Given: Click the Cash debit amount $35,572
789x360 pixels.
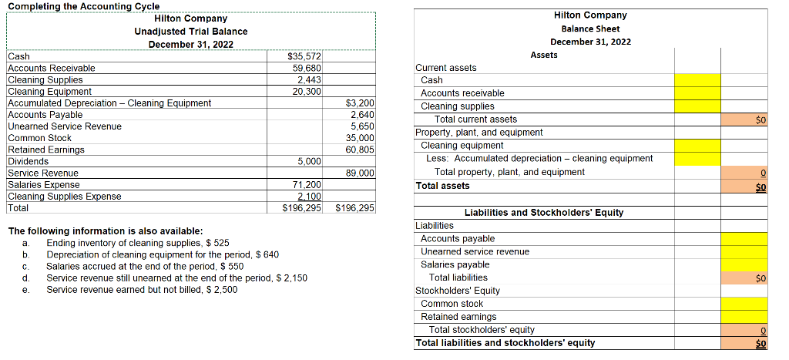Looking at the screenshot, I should tap(304, 56).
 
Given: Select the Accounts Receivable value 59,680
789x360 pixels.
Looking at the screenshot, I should tap(307, 68).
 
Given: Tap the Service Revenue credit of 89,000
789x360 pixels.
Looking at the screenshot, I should tap(360, 173).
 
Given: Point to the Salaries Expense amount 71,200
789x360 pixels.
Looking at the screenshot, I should tap(307, 185).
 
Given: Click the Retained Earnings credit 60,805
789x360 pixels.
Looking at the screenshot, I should tap(360, 150).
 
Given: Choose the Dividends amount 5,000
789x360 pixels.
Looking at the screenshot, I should tap(309, 162).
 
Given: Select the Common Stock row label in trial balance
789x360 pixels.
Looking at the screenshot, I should tap(39, 138).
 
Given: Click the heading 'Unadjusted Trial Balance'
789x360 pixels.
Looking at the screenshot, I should tap(191, 31).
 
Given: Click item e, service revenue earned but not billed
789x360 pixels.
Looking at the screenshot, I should tap(142, 290).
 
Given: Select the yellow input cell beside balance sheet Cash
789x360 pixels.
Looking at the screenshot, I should tap(698, 80).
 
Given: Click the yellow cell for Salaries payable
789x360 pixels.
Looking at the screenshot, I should tap(745, 264).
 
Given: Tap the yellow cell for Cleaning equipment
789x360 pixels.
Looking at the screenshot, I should tap(698, 146).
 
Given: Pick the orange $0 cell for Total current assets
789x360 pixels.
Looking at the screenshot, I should tap(745, 119).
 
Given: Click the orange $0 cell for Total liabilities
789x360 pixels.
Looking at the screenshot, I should tap(745, 278).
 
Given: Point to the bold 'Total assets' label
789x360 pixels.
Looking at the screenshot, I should tap(442, 186).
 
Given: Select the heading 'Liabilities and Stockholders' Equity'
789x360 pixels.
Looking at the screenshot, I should tap(544, 213).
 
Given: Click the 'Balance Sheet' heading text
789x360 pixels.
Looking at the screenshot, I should tap(590, 29).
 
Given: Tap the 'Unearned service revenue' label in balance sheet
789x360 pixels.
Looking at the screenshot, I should tap(475, 251).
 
